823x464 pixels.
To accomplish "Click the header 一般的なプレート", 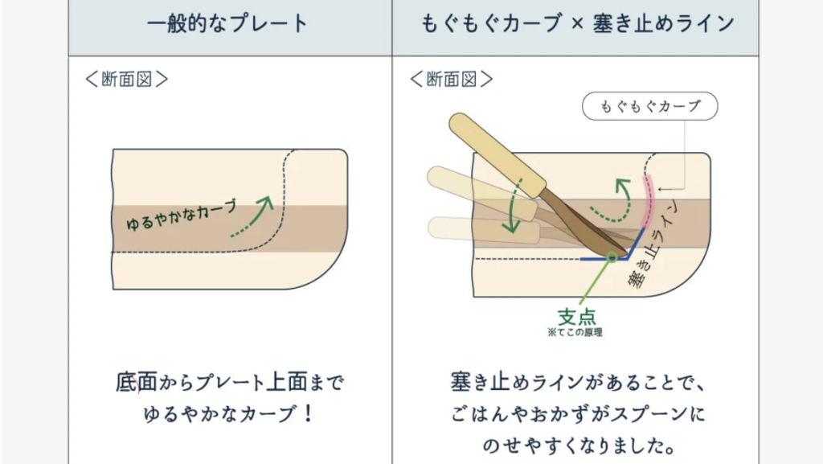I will [x=229, y=23].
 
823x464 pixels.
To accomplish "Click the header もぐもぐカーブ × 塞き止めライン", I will [x=577, y=23].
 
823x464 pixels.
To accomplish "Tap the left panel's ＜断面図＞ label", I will [x=126, y=80].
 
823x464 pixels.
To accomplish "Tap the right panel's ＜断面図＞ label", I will [x=452, y=80].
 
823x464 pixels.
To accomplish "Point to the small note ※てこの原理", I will [x=574, y=331].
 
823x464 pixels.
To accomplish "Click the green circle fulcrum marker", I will [x=612, y=257].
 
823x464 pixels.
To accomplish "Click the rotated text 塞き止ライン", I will [x=655, y=249].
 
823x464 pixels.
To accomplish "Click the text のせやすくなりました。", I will [x=577, y=445].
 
